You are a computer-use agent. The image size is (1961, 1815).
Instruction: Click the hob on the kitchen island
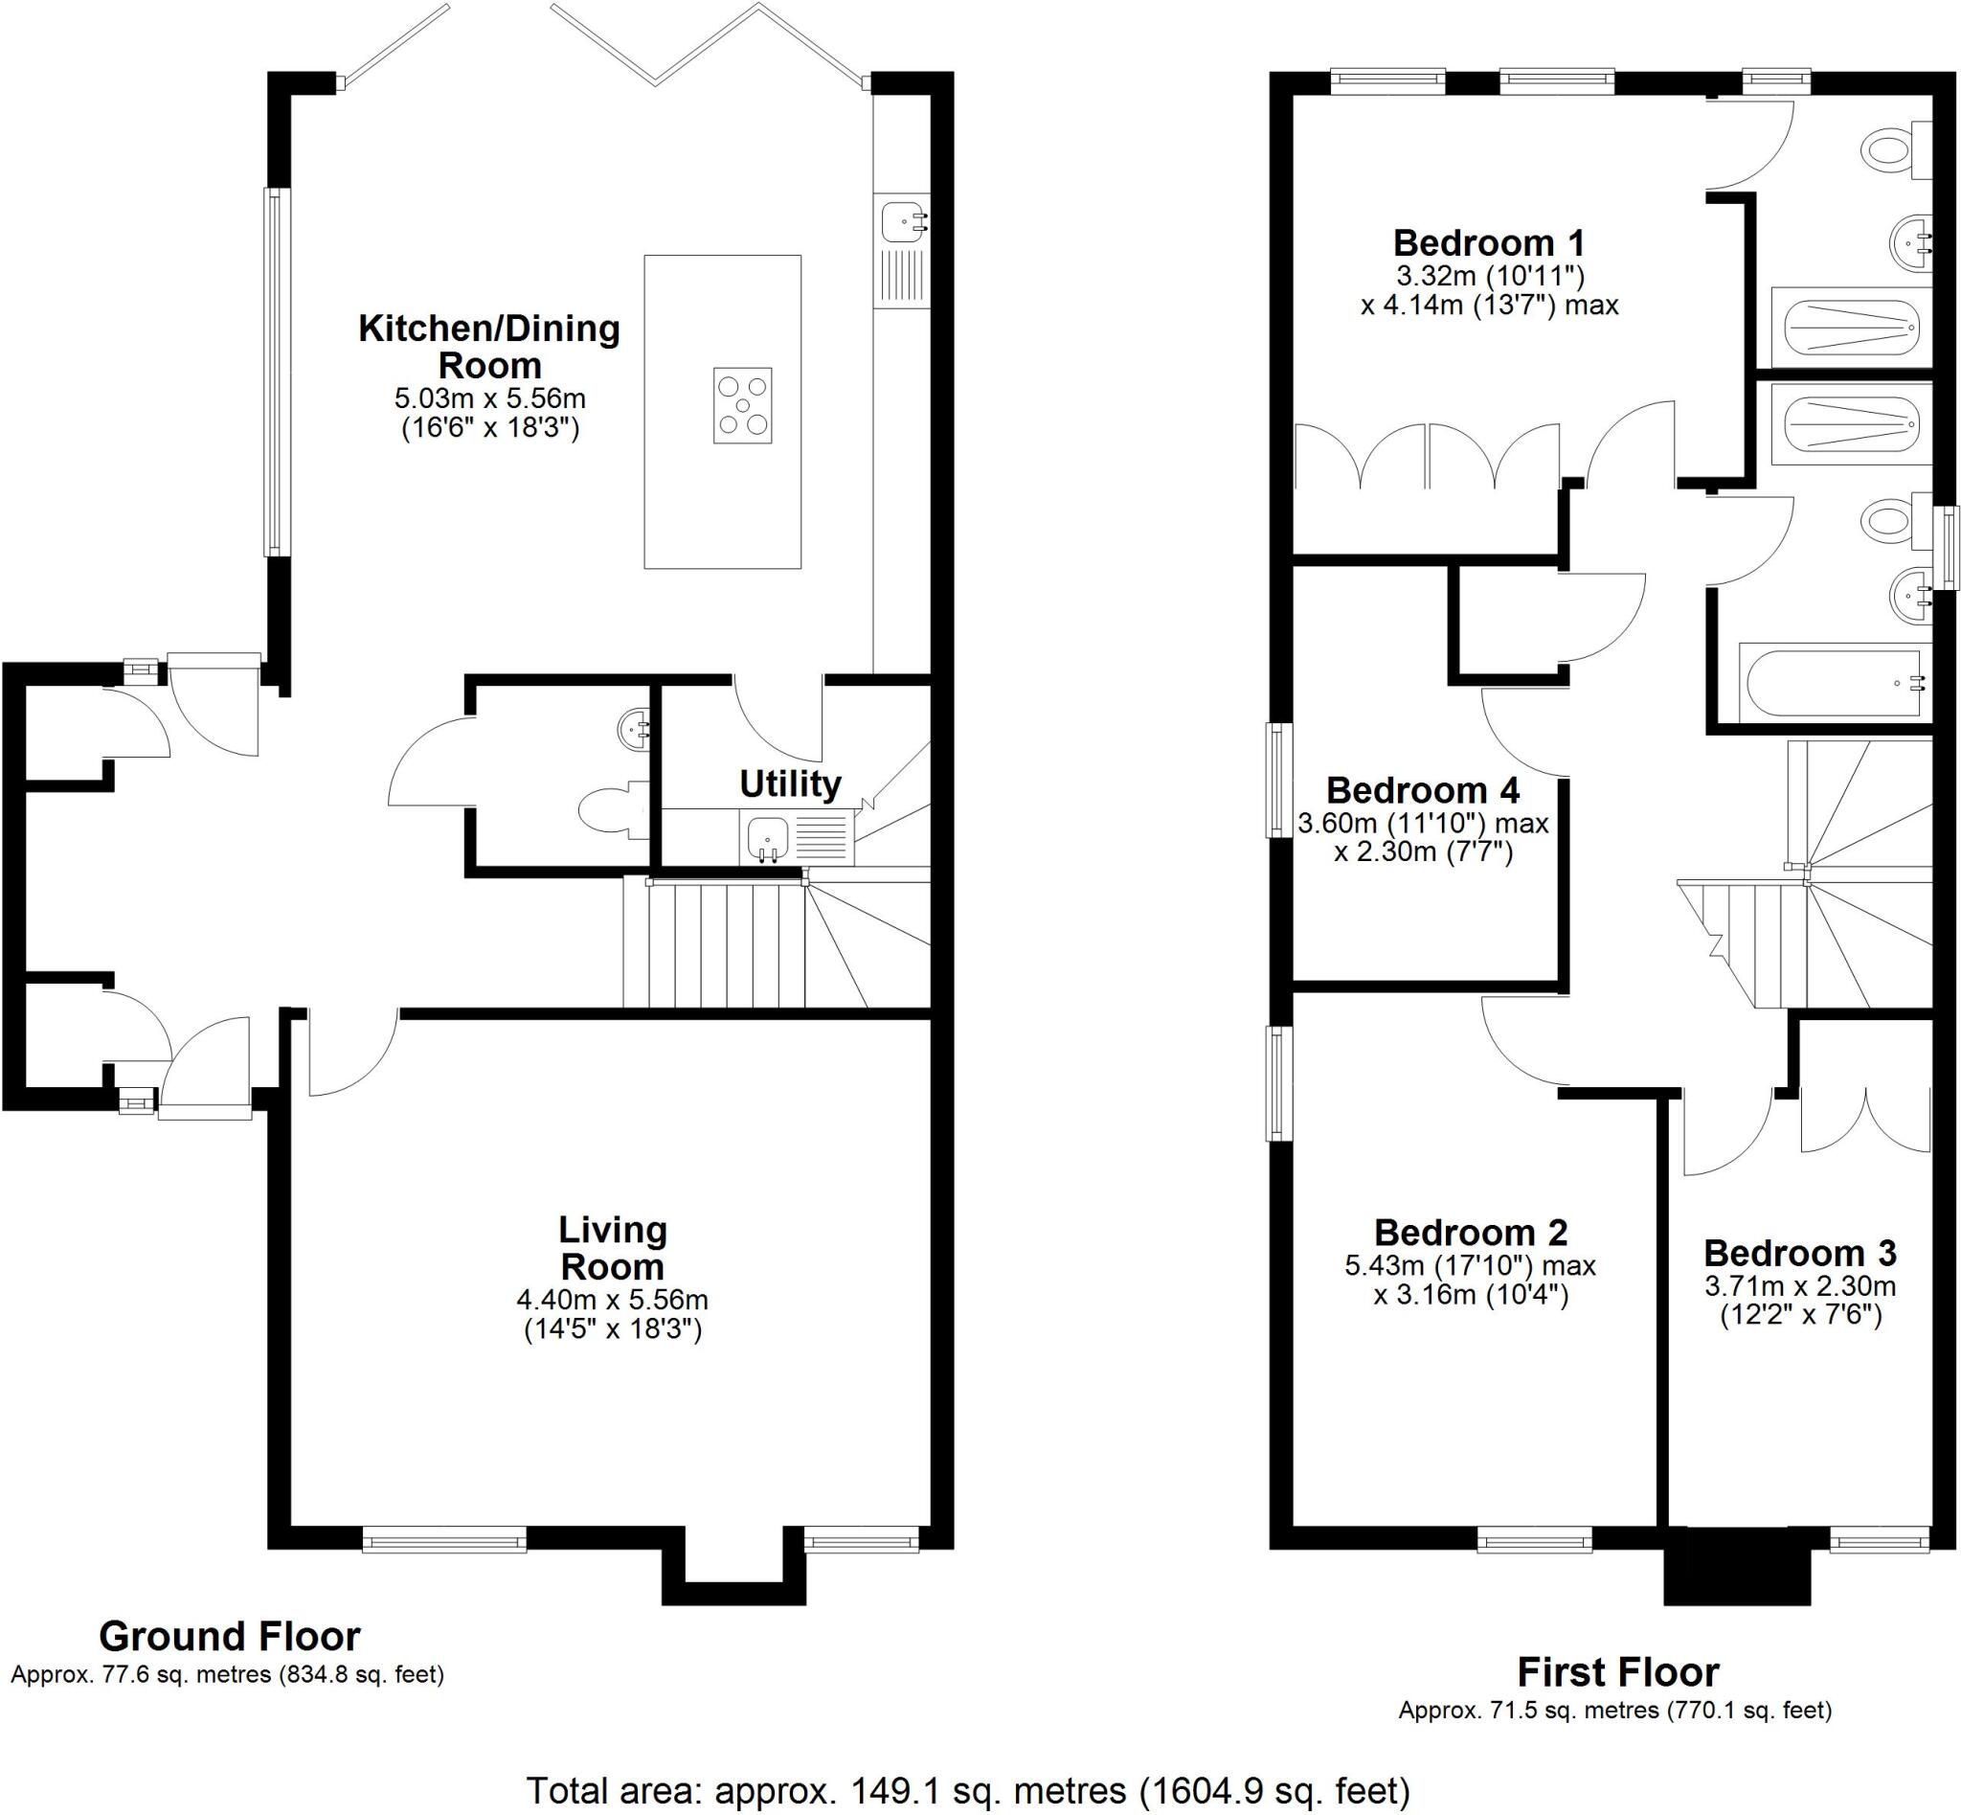741,406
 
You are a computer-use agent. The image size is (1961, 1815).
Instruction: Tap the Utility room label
790,783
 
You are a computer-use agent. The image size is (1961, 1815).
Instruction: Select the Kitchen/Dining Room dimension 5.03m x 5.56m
489,398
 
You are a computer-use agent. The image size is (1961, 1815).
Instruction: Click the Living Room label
612,1247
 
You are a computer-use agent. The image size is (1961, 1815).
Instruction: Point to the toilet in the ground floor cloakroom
609,811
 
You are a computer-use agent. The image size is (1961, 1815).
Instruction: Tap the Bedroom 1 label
1488,242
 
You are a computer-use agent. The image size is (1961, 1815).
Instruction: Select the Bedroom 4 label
1422,789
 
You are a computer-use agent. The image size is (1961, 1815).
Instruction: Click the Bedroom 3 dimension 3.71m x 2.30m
1799,1286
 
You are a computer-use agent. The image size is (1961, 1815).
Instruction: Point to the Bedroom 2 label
1470,1233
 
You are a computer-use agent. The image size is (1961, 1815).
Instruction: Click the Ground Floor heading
230,1636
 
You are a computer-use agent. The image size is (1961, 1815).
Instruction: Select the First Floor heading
1617,1671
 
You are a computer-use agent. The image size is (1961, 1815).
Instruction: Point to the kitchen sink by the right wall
901,221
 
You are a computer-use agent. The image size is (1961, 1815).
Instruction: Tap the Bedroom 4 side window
1277,780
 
